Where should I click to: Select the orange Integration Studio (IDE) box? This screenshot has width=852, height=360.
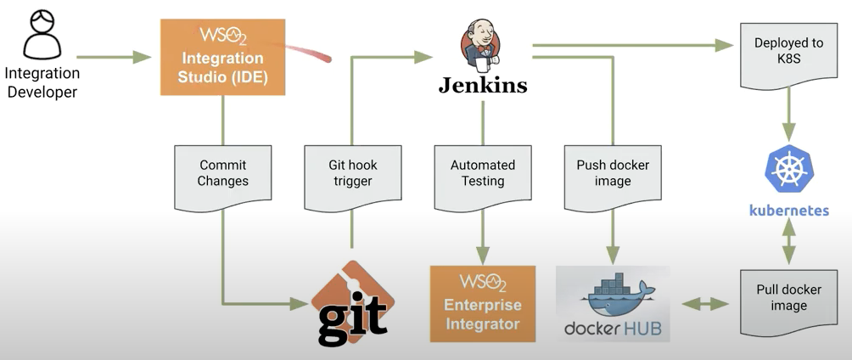(x=222, y=57)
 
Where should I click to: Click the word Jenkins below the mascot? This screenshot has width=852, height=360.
(x=482, y=85)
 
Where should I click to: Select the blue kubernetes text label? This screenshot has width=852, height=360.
(x=789, y=210)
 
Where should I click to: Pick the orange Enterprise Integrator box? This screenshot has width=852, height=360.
(x=482, y=303)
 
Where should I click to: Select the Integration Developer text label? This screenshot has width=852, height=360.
(x=42, y=82)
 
